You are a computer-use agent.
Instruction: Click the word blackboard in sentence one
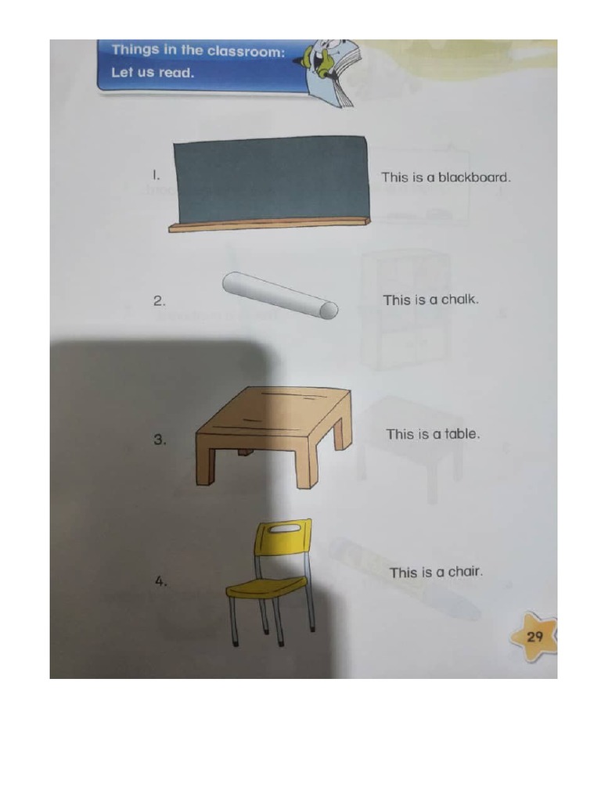[x=473, y=178]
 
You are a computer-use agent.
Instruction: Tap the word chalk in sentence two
[x=459, y=300]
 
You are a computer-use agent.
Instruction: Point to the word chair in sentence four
[x=465, y=572]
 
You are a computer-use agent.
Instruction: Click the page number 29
[x=534, y=636]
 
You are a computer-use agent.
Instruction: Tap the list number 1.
[x=157, y=176]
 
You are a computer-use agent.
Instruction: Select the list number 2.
[x=158, y=300]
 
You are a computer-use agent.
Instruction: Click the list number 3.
[x=160, y=440]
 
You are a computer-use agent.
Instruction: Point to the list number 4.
[x=160, y=581]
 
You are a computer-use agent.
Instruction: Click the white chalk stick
[x=278, y=295]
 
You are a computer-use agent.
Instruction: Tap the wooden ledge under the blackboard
[x=268, y=224]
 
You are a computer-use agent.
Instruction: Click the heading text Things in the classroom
[x=198, y=51]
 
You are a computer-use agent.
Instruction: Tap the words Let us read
[x=153, y=73]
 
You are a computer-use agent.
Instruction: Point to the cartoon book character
[x=327, y=66]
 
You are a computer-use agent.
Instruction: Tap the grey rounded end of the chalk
[x=329, y=311]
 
